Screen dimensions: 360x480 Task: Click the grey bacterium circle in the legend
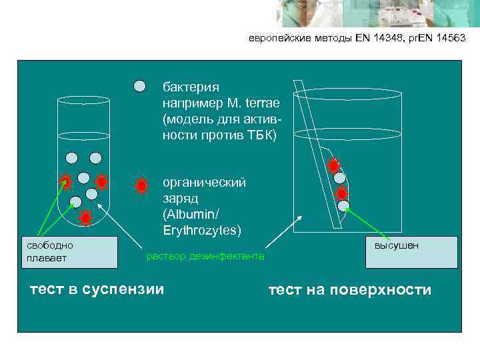click(x=139, y=86)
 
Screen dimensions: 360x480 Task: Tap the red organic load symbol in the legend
click(x=141, y=186)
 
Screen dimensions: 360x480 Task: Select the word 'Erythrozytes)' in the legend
click(x=202, y=231)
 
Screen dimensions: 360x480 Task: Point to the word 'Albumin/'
click(x=190, y=215)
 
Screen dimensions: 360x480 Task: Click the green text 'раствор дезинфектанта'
click(x=205, y=256)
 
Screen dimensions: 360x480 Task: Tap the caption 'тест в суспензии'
click(x=97, y=289)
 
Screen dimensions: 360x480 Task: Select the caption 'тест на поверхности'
click(x=350, y=290)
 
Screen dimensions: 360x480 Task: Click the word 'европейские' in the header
click(x=275, y=39)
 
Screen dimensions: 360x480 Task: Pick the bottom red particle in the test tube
click(x=85, y=217)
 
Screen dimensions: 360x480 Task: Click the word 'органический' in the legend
click(x=204, y=182)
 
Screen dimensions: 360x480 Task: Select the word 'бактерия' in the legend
click(x=191, y=87)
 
